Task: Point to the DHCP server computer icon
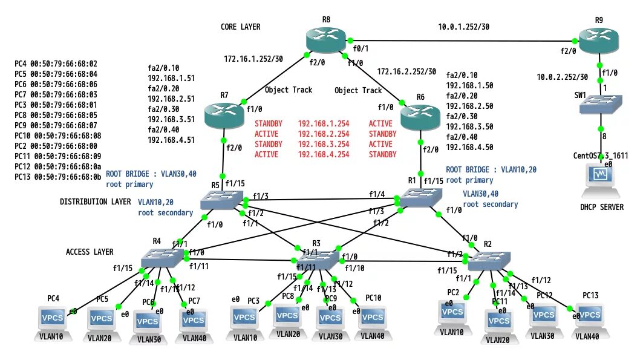click(x=601, y=180)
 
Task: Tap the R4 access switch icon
click(x=160, y=258)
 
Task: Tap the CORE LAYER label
click(x=240, y=27)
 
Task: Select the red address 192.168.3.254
click(x=323, y=144)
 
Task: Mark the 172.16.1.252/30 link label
click(x=253, y=59)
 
